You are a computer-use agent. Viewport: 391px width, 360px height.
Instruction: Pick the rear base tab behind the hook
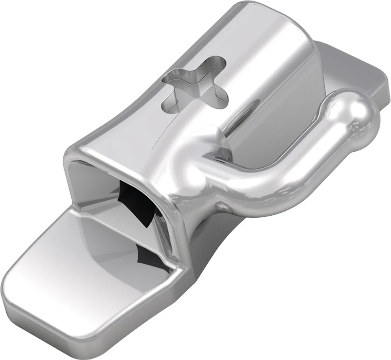coord(352,70)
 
